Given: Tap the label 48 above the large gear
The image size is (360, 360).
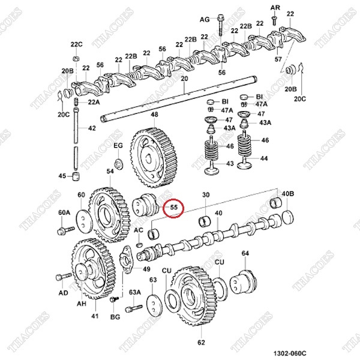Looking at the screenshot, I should [x=154, y=115].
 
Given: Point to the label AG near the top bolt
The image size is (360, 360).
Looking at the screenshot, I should [x=205, y=19].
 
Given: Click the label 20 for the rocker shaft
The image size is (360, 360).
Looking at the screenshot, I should [x=184, y=79].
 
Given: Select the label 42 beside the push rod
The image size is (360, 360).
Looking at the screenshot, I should [x=92, y=128].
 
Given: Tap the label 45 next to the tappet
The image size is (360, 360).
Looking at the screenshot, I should [x=62, y=176].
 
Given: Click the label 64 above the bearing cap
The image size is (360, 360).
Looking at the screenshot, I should [x=245, y=254].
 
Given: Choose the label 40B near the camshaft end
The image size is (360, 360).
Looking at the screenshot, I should [x=288, y=194].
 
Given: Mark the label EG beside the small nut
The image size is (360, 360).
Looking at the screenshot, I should [x=118, y=146].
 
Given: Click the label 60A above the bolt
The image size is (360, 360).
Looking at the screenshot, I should [x=64, y=213].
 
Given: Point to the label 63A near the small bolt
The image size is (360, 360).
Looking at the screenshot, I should [x=134, y=292].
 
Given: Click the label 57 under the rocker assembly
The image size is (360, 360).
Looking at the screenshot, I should [x=278, y=59].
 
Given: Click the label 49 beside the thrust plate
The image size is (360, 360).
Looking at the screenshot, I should [x=146, y=269].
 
